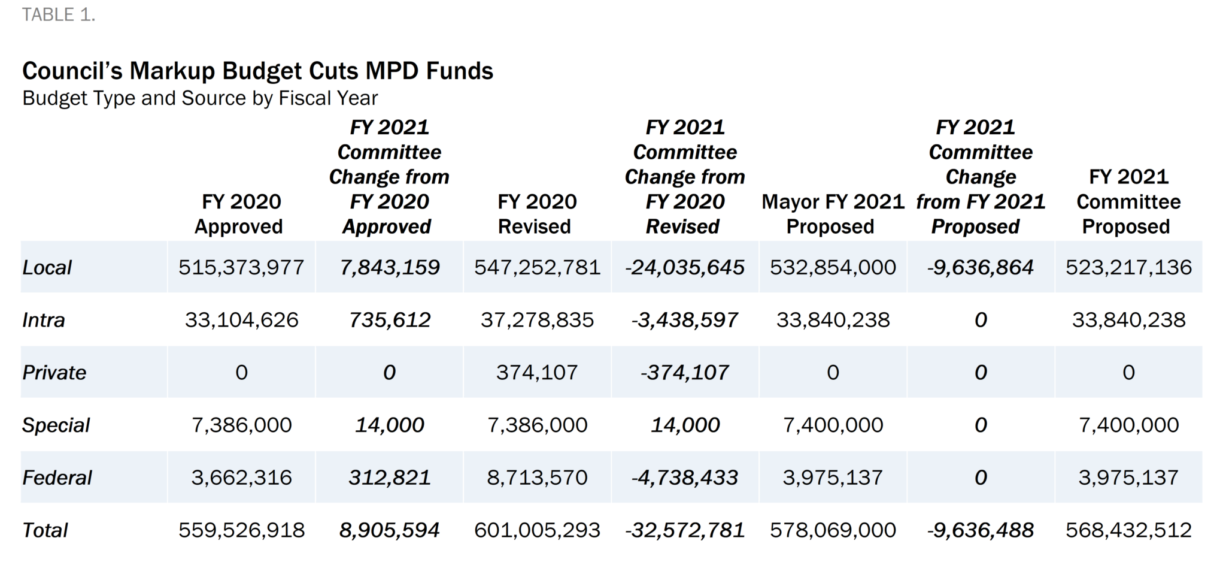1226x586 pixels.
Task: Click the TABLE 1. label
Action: pos(59,14)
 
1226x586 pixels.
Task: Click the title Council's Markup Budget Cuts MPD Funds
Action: pos(257,71)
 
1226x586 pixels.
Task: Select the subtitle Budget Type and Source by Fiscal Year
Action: pos(200,98)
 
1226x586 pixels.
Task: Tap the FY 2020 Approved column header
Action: pos(241,214)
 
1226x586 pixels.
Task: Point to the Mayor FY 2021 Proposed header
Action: pos(832,214)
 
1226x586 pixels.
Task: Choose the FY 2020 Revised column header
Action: pos(536,214)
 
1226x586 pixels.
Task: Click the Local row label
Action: pos(47,267)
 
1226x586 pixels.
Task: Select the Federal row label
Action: pos(57,478)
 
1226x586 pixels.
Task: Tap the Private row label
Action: pos(54,373)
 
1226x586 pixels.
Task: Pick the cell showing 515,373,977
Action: pos(241,267)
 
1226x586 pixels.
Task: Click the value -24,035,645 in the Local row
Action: pos(685,267)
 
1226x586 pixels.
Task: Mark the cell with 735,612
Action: pos(390,320)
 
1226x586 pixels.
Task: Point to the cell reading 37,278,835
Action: pos(537,320)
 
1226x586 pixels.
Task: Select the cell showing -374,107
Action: pos(685,373)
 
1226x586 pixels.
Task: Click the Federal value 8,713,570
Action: pos(537,478)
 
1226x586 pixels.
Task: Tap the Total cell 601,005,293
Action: pos(537,530)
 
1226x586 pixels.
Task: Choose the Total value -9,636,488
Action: pos(981,530)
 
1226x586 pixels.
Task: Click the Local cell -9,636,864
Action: pos(981,267)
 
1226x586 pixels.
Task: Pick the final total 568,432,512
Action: pos(1128,530)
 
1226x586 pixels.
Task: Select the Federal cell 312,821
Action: pos(390,478)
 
